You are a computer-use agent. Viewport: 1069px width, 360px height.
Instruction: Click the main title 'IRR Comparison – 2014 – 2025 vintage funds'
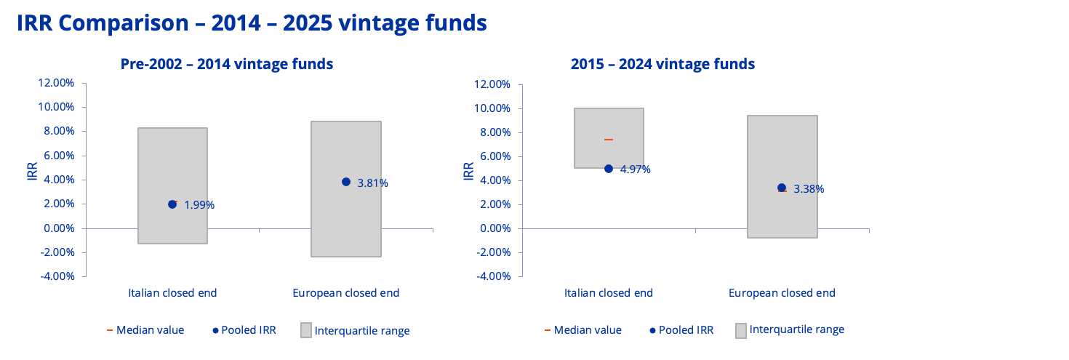point(252,23)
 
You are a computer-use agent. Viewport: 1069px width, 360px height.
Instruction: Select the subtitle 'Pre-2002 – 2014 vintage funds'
point(227,64)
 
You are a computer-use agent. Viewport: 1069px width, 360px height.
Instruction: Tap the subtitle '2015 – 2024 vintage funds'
point(662,64)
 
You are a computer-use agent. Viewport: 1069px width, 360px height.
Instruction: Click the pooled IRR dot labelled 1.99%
point(172,204)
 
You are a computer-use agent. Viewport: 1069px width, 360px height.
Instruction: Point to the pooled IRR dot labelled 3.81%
point(346,182)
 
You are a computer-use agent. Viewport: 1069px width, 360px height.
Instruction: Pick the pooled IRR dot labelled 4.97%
point(609,169)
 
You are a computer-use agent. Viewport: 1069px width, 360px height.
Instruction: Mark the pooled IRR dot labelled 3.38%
point(782,188)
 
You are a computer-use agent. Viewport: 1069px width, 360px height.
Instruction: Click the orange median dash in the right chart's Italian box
point(609,139)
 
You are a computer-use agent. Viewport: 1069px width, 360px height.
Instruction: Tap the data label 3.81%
point(373,183)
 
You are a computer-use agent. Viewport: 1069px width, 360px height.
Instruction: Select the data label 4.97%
point(636,169)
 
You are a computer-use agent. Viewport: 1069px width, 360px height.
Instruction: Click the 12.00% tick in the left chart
point(55,83)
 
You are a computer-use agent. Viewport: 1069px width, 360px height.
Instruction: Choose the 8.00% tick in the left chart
point(58,131)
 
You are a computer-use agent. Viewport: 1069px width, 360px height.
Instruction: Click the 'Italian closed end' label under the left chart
point(172,293)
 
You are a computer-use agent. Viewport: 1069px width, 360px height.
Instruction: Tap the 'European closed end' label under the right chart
point(782,293)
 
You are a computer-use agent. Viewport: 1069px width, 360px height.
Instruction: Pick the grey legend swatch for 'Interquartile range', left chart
point(305,330)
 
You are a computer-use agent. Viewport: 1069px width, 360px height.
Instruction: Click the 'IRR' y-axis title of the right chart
point(469,171)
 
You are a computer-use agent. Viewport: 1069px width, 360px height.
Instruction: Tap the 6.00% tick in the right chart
point(495,156)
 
